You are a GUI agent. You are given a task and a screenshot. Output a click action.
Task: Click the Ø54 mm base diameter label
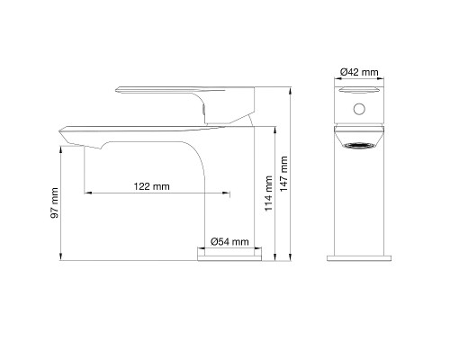[x=230, y=241]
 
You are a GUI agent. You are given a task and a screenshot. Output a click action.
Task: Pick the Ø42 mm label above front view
[x=361, y=72]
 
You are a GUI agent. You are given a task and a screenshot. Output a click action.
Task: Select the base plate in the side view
[x=230, y=256]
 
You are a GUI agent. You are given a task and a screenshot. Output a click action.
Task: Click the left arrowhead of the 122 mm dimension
[x=86, y=193]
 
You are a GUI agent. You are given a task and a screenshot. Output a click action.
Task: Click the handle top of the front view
[x=360, y=90]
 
